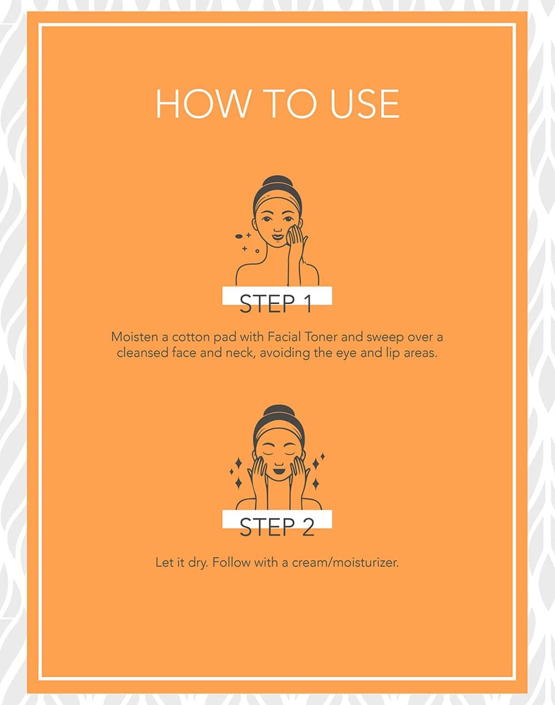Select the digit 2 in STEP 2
click(307, 528)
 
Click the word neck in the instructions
click(240, 353)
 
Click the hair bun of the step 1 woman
click(277, 182)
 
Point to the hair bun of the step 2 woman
click(277, 412)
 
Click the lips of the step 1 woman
click(277, 236)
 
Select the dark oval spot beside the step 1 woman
click(239, 236)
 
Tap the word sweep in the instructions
click(385, 338)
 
